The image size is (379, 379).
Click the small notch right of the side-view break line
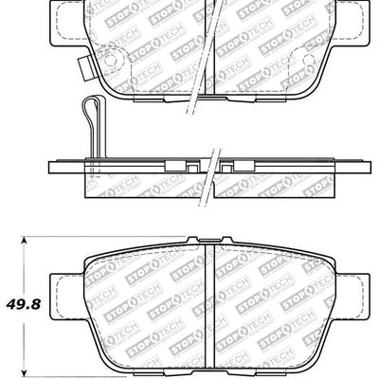click(235, 167)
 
